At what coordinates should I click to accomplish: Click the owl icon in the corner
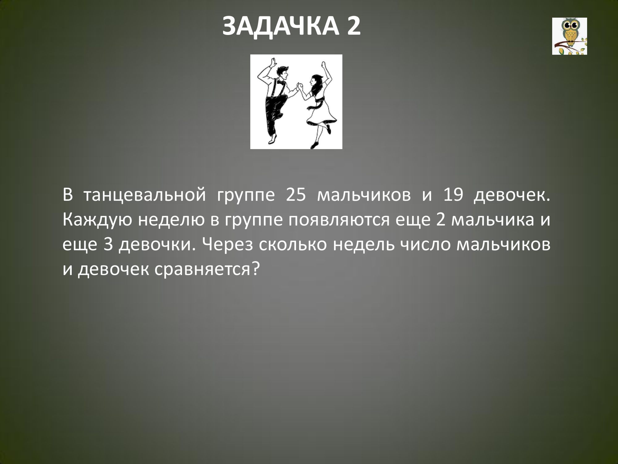click(x=569, y=36)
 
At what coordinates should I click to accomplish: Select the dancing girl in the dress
click(x=318, y=105)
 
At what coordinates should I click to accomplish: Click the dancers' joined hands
click(x=299, y=87)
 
